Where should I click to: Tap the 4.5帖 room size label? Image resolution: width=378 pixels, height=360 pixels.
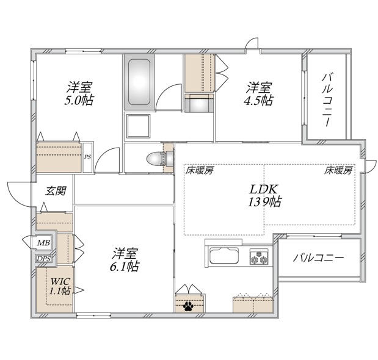(258, 99)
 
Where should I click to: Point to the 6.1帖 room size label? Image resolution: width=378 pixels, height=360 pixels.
(125, 266)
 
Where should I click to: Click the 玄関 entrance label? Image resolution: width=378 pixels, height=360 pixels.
(56, 190)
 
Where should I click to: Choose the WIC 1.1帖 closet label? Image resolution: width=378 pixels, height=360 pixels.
(60, 286)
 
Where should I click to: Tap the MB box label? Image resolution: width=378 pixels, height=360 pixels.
(42, 243)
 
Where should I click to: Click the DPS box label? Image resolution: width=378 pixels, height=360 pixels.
(43, 259)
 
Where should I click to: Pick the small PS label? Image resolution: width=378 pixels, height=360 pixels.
(87, 157)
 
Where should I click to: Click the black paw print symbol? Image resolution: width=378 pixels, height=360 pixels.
(186, 304)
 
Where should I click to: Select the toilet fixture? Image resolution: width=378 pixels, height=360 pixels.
(155, 158)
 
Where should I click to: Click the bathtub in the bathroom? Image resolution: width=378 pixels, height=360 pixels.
(139, 82)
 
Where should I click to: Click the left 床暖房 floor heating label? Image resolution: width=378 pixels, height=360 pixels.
(200, 171)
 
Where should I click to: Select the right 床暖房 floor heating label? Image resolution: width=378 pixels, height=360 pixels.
(338, 171)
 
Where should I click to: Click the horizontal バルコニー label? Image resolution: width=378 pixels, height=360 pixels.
(318, 257)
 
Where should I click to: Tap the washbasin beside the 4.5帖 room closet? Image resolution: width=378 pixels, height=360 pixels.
(198, 106)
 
